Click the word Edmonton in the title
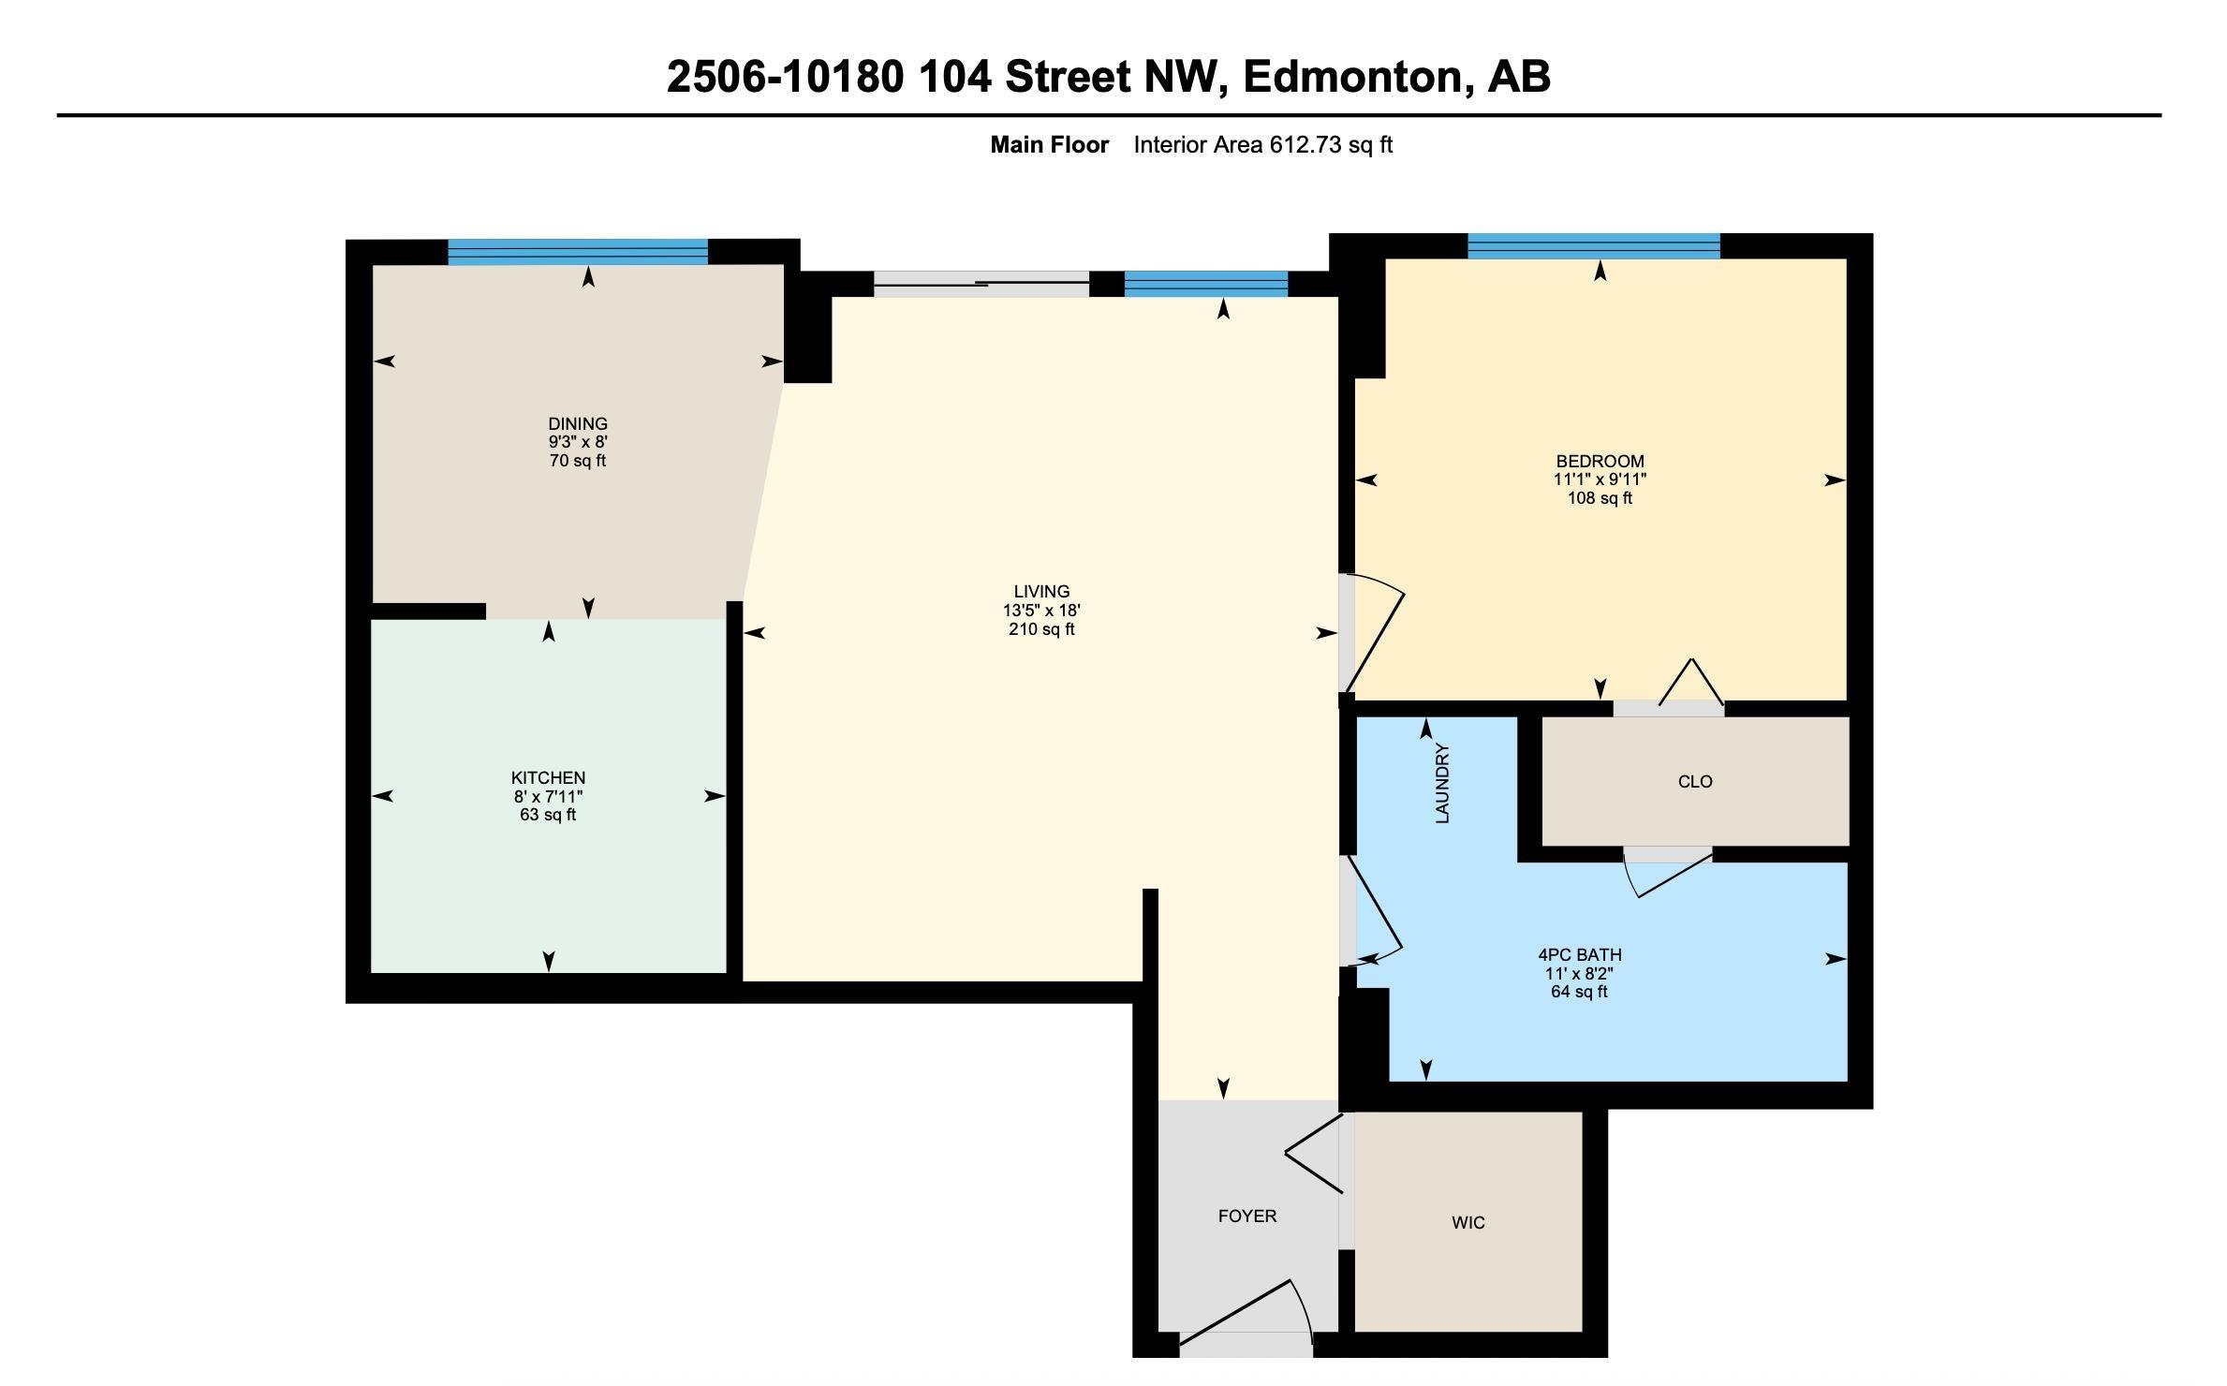point(1351,77)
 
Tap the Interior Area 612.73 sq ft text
point(1262,145)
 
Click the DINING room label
point(578,424)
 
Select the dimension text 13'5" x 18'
point(1041,611)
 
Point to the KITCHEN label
point(548,778)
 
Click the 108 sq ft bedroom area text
point(1600,498)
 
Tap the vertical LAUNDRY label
point(1442,784)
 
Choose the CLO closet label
point(1695,782)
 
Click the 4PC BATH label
point(1580,955)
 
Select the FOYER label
point(1246,1216)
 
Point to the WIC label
point(1467,1223)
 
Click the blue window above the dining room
point(577,252)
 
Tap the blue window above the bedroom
point(1593,245)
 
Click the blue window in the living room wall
point(1205,284)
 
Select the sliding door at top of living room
point(981,284)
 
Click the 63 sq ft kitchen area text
point(548,815)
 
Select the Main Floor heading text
point(1049,145)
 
